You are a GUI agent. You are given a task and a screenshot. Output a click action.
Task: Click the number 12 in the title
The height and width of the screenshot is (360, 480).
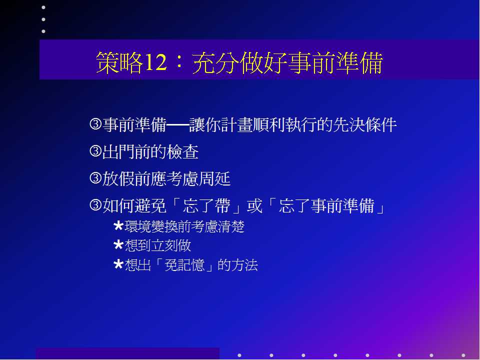coord(155,62)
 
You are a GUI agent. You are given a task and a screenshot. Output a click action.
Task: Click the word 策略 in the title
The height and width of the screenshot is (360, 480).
coord(119,62)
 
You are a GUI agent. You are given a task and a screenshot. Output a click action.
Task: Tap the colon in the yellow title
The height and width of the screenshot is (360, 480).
coord(179,62)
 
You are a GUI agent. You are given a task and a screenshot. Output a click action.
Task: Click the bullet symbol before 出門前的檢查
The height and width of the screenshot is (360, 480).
coord(95,151)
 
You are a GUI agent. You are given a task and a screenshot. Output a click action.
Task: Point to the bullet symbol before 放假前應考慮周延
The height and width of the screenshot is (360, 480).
coord(95,178)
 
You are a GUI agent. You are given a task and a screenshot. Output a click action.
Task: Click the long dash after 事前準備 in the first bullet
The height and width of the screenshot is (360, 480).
coord(177,125)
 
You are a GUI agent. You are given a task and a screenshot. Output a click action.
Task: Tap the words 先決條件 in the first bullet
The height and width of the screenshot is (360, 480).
coord(365,125)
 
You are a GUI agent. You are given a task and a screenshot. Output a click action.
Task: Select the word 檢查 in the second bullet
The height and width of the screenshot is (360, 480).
coord(183,152)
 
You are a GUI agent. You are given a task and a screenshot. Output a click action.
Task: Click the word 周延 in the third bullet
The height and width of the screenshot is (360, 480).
coord(214,179)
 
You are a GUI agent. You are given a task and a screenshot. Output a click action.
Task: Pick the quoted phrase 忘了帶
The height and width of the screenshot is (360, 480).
coord(206,205)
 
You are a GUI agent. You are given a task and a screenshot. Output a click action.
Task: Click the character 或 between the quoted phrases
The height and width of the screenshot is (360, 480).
coord(254,205)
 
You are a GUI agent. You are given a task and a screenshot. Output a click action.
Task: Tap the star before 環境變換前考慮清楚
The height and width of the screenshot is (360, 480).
coord(118,226)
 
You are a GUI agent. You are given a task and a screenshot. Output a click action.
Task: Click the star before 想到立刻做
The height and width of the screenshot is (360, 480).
coord(118,245)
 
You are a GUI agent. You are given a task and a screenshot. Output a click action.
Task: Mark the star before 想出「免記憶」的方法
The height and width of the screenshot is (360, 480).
coord(118,265)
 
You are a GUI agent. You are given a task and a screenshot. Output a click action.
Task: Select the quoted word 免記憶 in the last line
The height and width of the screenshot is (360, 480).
coord(184,265)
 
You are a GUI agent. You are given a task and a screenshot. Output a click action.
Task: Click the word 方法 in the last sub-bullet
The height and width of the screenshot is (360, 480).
coord(244,265)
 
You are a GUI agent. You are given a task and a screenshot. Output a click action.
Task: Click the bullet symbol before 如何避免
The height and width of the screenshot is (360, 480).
coord(95,205)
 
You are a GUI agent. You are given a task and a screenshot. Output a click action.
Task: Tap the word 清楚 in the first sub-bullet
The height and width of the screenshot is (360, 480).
coord(231,227)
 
